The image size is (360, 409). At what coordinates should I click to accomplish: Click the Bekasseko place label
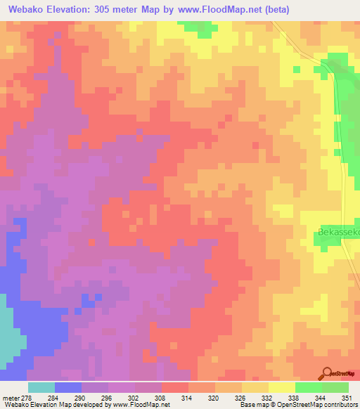[335, 231]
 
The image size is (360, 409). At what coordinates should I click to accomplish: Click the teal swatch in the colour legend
[41, 387]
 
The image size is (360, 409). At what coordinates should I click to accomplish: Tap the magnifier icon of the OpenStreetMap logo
[327, 372]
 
